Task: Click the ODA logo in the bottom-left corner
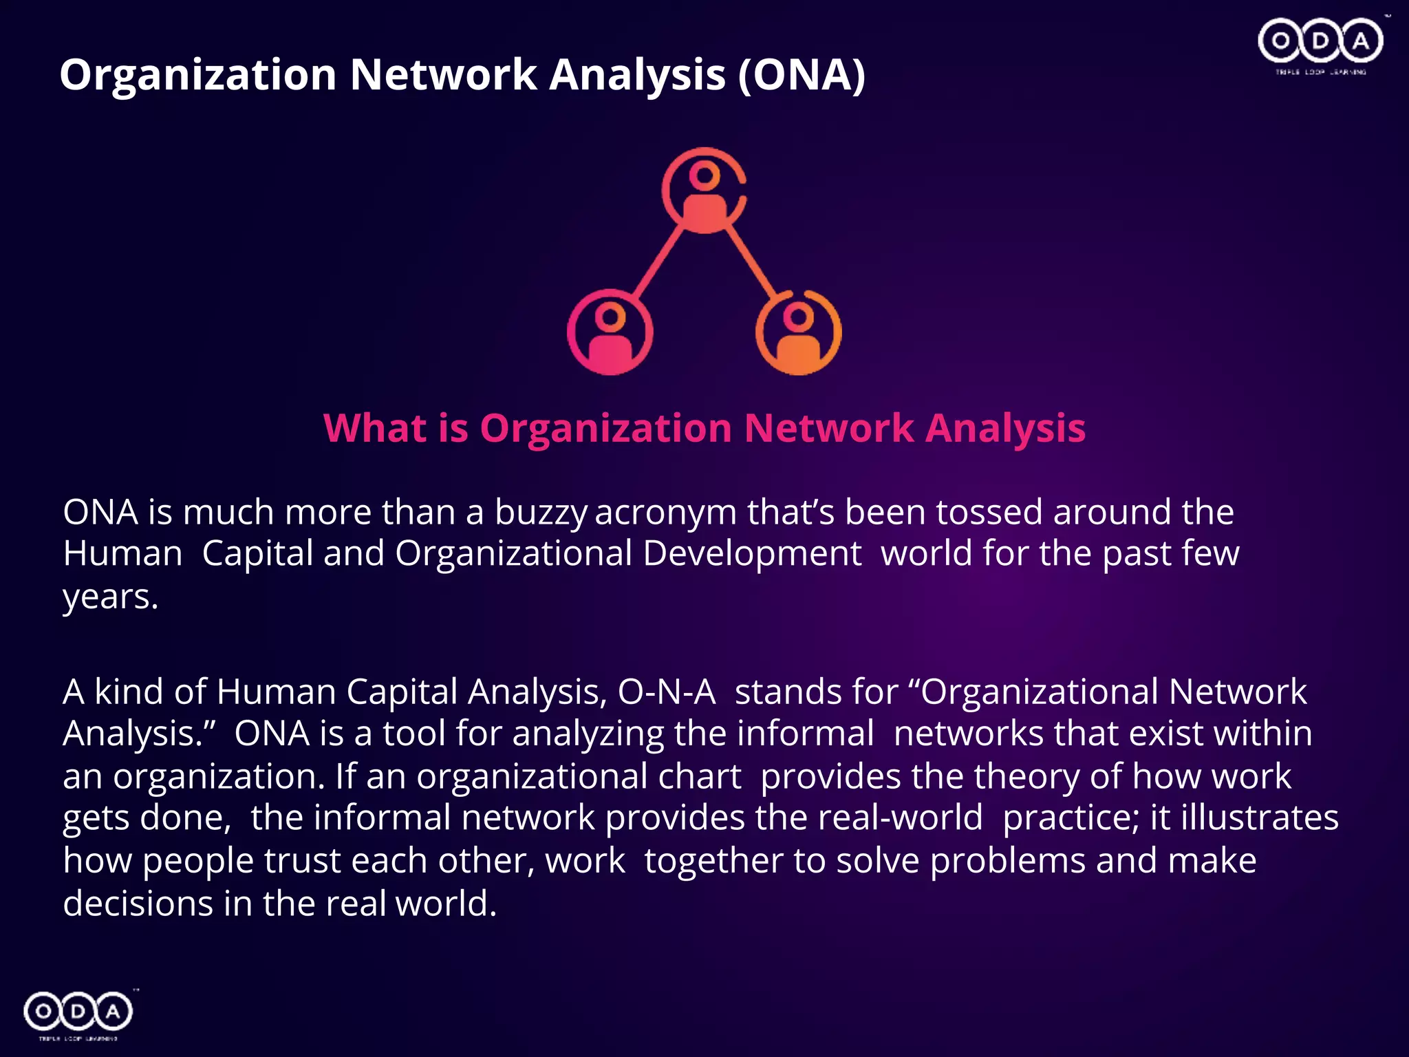point(78,1012)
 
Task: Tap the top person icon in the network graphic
point(704,190)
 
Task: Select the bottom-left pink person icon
point(610,332)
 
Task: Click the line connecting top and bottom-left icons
point(657,261)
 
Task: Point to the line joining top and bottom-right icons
point(751,261)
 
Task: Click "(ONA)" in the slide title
point(802,74)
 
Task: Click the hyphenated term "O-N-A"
point(667,692)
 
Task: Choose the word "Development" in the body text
point(752,554)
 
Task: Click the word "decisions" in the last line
point(138,904)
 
